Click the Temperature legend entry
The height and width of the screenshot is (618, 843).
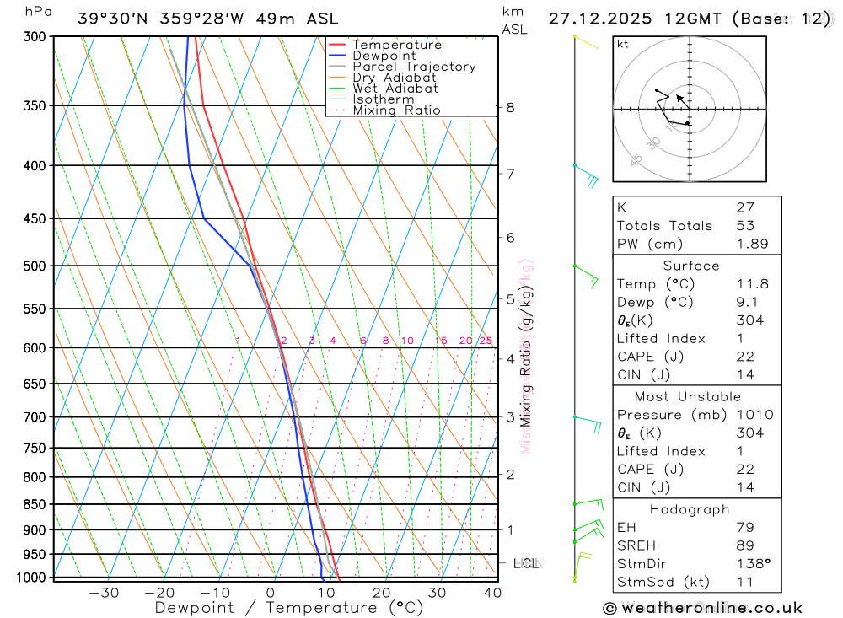(396, 45)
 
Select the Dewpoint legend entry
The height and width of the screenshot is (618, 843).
(384, 56)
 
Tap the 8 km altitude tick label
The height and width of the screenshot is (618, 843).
(511, 107)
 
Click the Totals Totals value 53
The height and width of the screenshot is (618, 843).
(745, 225)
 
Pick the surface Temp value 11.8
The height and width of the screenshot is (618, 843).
(752, 284)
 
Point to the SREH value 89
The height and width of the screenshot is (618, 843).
(745, 545)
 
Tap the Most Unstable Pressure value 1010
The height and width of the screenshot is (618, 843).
(752, 415)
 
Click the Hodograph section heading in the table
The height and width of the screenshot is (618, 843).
(690, 509)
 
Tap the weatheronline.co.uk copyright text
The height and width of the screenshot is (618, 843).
(702, 607)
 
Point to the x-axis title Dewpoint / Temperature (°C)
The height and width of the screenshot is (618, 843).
(289, 607)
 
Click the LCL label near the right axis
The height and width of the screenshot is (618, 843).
(526, 562)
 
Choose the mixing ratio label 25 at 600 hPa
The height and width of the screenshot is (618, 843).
(486, 341)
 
